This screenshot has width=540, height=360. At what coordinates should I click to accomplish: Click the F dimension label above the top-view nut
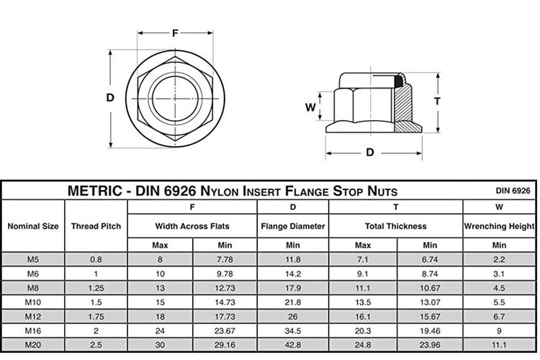pos(175,32)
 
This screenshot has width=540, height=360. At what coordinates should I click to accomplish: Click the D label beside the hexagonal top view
pos(110,98)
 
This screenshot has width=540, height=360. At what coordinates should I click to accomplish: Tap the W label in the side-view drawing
pos(310,107)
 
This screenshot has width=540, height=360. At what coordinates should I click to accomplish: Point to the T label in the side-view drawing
pos(437,101)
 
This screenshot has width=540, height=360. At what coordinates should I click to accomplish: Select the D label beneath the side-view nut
pos(370,152)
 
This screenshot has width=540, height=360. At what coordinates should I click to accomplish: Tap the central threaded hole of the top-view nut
pos(175,96)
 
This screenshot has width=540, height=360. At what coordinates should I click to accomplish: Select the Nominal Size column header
pos(33,226)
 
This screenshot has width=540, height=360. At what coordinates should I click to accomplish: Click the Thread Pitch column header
pos(96,226)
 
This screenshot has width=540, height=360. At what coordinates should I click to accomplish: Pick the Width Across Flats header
pos(192,226)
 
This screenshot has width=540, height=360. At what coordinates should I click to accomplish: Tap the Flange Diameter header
pos(293,226)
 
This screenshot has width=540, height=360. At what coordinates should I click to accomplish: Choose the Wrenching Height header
pos(499,226)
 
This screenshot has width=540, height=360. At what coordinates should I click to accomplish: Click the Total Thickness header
pos(395,226)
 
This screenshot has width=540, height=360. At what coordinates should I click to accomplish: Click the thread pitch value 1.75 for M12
pos(96,317)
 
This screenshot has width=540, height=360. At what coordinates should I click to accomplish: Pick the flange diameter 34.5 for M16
pos(293,330)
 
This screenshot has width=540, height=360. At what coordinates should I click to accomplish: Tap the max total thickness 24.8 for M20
pos(363,344)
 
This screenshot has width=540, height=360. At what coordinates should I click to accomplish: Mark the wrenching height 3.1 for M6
pos(499,274)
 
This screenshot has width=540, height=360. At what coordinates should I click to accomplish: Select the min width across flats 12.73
pos(225,289)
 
